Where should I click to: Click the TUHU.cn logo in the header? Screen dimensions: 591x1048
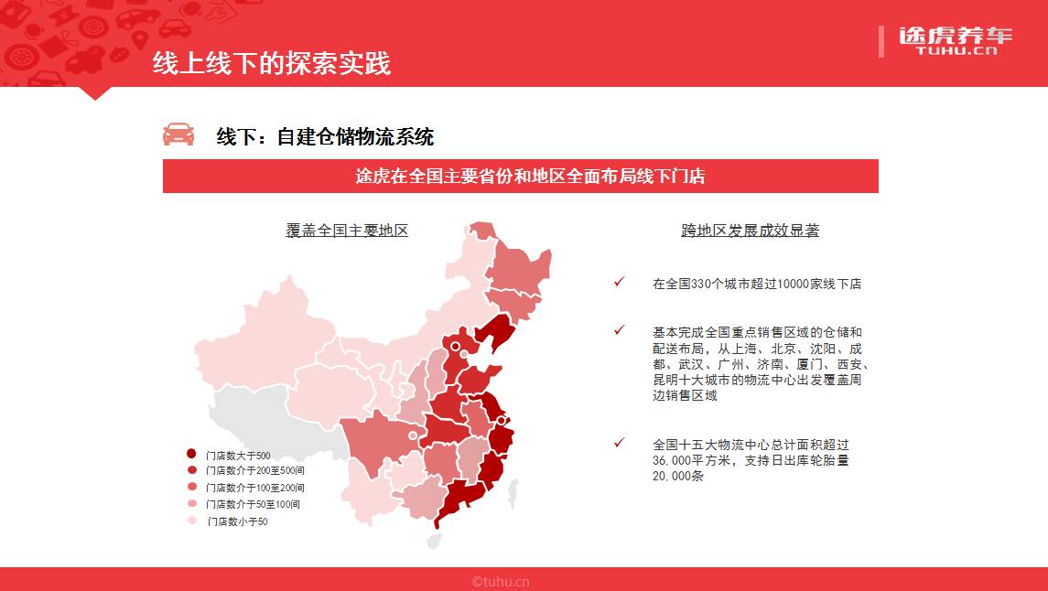point(955,40)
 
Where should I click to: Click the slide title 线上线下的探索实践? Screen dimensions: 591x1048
point(271,63)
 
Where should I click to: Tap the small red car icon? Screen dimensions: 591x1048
point(178,134)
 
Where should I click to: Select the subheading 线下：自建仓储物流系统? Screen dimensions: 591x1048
point(324,137)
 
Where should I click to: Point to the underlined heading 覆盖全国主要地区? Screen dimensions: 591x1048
point(347,231)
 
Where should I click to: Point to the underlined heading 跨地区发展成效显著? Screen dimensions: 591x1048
point(750,231)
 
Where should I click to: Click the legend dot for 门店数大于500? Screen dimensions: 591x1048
point(191,454)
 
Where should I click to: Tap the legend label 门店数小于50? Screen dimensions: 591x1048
point(237,521)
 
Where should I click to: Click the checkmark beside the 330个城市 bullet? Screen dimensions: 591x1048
point(620,282)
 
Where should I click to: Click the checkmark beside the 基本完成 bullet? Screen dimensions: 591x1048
point(620,330)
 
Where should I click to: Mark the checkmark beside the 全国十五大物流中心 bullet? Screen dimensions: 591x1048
point(620,442)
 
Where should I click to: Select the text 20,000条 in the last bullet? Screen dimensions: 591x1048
point(678,477)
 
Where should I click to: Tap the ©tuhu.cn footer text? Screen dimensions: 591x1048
point(501,581)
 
